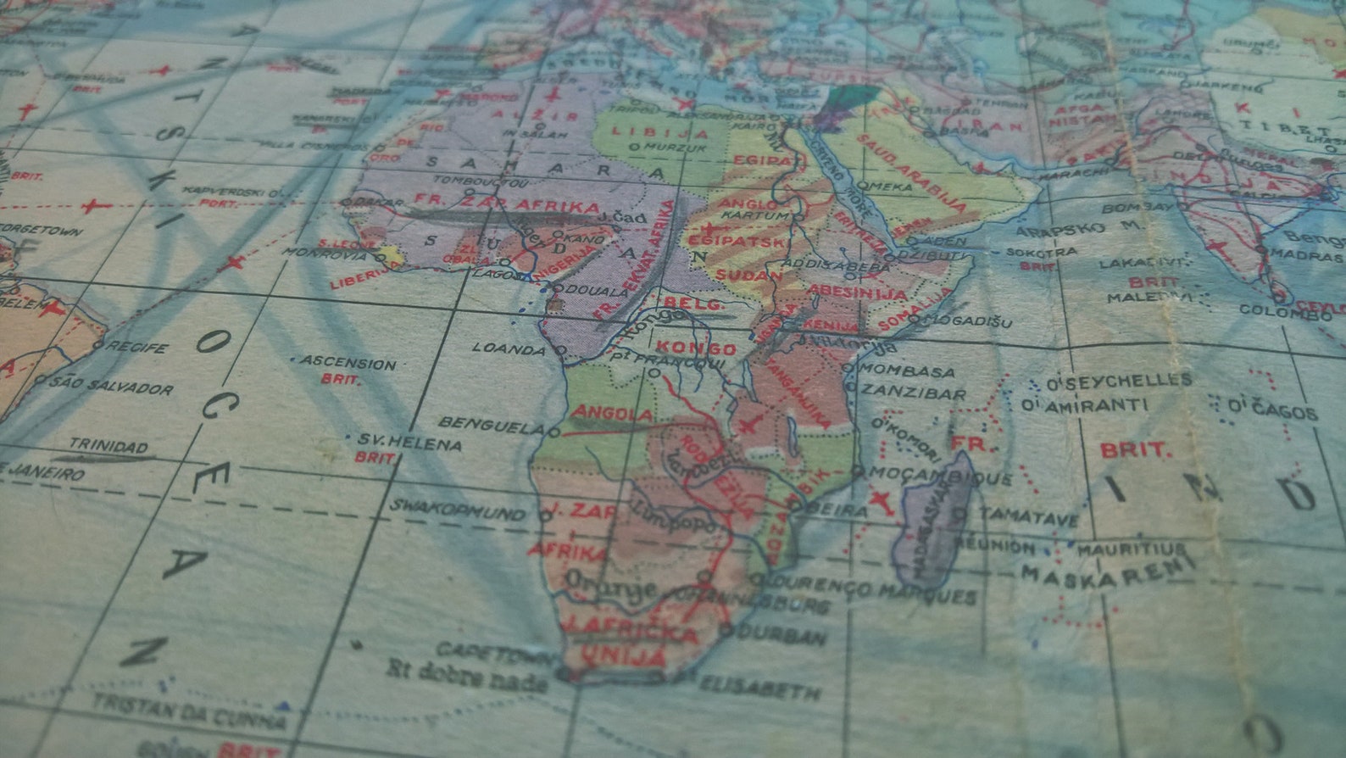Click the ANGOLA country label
pyautogui.click(x=612, y=414)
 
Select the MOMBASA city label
pyautogui.click(x=909, y=371)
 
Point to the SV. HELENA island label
pyautogui.click(x=409, y=443)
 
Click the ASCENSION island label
pyautogui.click(x=349, y=363)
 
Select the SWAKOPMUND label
pyautogui.click(x=458, y=510)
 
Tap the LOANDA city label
pyautogui.click(x=509, y=348)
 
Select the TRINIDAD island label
pyautogui.click(x=108, y=445)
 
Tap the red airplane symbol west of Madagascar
pyautogui.click(x=882, y=502)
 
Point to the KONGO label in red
pyautogui.click(x=695, y=348)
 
